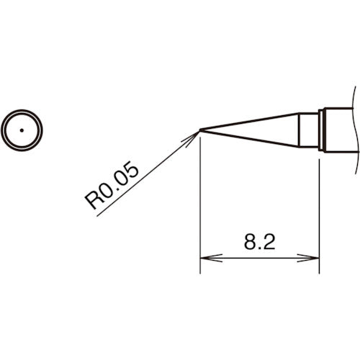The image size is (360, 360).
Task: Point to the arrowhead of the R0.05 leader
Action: click(x=195, y=133)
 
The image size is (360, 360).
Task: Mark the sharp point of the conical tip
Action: click(x=200, y=130)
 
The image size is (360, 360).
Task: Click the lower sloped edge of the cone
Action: click(x=252, y=139)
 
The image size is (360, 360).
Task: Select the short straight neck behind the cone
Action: click(x=309, y=130)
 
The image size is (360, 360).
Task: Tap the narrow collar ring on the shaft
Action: click(x=323, y=130)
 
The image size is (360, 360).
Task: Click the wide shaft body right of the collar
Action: click(x=340, y=130)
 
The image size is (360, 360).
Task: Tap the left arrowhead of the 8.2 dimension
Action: click(x=204, y=258)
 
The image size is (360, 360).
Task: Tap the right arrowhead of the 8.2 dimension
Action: click(x=315, y=258)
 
